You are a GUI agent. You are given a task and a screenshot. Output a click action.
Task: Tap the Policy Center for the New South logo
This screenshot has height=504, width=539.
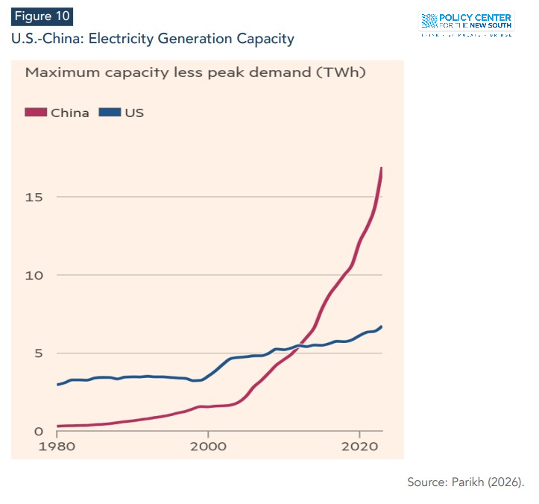(x=466, y=23)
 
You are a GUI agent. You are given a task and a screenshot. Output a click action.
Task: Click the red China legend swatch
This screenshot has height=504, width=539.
(x=37, y=113)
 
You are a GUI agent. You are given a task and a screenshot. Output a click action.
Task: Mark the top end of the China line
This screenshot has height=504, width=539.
(x=382, y=168)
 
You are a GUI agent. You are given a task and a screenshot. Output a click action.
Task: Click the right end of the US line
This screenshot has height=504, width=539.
(x=382, y=327)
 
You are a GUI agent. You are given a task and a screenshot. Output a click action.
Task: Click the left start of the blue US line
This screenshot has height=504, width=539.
(x=57, y=385)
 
